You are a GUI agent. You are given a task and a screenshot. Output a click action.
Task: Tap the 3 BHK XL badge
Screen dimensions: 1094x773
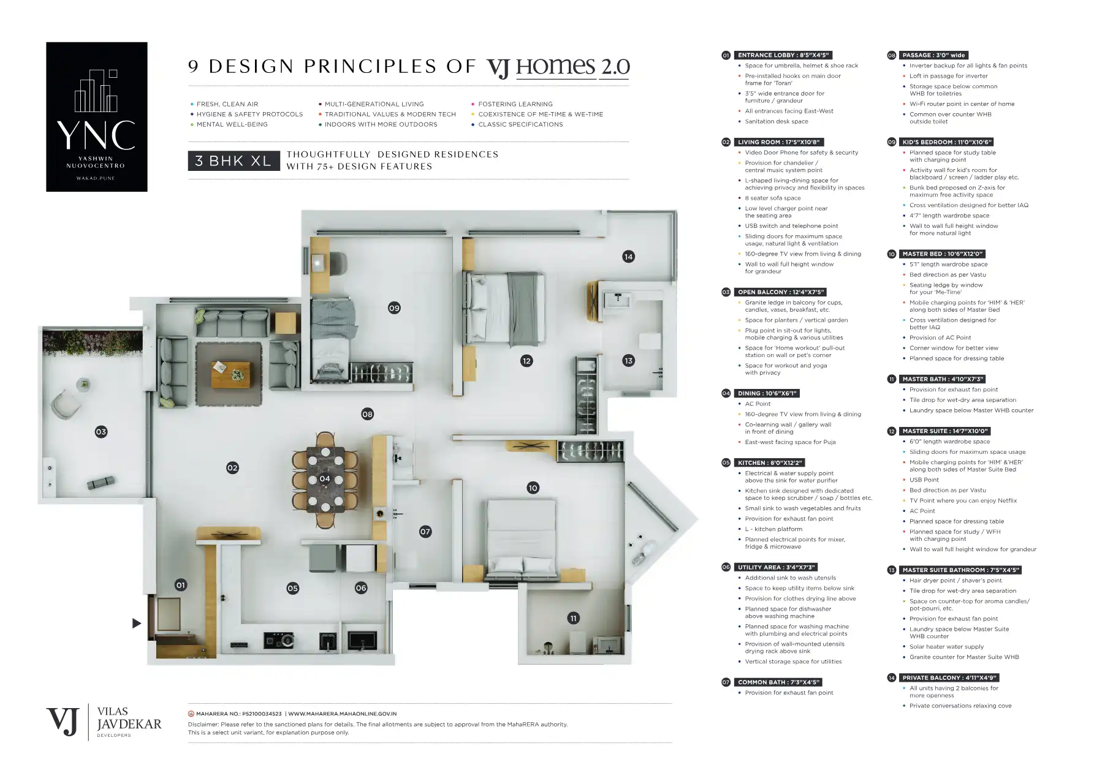234,161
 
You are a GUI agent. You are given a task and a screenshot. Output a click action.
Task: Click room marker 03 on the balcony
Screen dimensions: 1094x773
101,432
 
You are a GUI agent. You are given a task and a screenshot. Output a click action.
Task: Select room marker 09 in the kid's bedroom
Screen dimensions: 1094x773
394,308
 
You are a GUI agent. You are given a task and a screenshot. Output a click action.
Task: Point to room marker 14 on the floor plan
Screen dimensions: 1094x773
628,257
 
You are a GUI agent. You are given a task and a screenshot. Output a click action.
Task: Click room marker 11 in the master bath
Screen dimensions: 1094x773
574,619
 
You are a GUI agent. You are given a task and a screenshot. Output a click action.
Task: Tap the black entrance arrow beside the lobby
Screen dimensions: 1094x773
137,624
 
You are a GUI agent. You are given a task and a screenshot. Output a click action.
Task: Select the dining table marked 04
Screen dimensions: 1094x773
325,479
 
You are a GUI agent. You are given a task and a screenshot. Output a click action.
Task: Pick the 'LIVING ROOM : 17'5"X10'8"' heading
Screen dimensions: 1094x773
778,142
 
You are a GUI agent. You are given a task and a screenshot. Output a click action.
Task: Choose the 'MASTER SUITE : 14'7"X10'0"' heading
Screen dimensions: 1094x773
944,431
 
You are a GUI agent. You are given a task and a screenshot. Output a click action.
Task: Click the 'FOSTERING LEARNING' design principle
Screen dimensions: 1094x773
515,104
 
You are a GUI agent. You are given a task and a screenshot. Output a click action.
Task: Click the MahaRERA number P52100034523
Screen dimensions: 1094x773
262,714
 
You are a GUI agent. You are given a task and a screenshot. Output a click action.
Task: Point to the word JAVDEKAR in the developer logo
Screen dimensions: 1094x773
129,724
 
